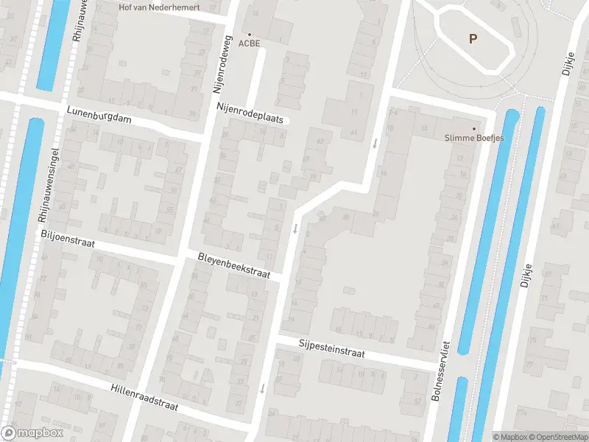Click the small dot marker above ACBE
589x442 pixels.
250,34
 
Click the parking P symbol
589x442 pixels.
473,38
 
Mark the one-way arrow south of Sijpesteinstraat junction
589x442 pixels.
262,387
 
